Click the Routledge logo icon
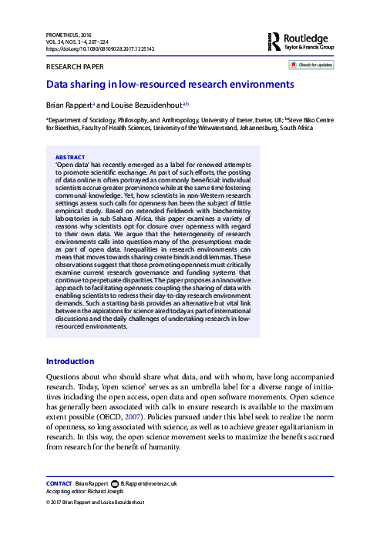click(274, 42)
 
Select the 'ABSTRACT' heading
click(71, 157)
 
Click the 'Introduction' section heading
click(70, 361)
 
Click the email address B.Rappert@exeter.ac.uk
click(149, 483)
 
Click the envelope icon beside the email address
click(115, 483)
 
